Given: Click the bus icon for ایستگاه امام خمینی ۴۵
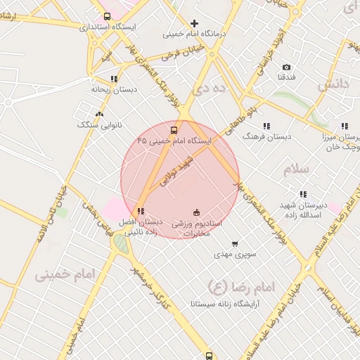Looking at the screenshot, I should point(174,130).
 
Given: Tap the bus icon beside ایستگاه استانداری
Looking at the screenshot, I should point(107,16).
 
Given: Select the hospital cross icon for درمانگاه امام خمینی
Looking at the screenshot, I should point(195,23).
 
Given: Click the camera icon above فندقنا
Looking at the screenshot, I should point(286,67).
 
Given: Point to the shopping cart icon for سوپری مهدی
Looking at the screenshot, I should point(234,243).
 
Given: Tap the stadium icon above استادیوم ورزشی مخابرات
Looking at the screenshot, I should point(196,212).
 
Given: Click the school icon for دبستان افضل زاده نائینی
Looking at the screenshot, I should point(141,210).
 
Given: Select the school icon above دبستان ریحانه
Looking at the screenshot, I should point(114,79).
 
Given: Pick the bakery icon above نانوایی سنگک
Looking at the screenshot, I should point(98,114).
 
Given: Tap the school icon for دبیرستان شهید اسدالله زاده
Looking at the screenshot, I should point(303,194).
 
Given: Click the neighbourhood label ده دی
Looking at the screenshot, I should point(212,88).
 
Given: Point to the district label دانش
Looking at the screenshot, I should point(333,85).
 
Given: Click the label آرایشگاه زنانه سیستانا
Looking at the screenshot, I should point(225,304).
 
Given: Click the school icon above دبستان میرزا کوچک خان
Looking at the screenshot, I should point(345,127).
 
